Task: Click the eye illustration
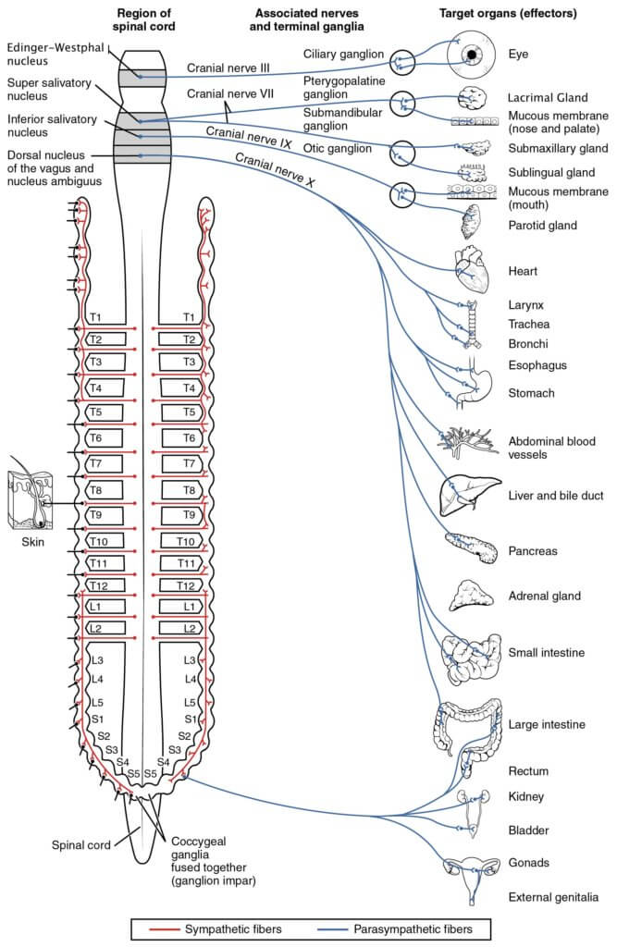(x=472, y=56)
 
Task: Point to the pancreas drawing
(x=472, y=550)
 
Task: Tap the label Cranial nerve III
(x=228, y=68)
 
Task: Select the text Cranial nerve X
(x=275, y=170)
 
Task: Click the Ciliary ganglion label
(x=343, y=55)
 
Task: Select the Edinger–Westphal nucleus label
(x=53, y=55)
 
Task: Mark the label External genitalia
(x=553, y=896)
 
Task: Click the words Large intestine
(x=546, y=723)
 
